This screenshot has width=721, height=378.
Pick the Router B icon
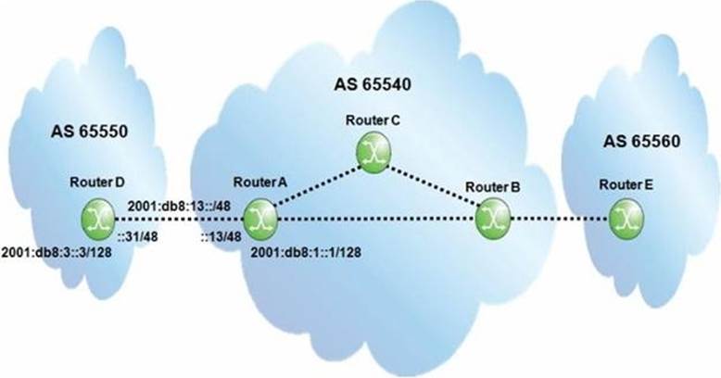coord(487,220)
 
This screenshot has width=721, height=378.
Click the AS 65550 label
coord(89,132)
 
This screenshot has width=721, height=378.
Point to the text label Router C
coord(373,120)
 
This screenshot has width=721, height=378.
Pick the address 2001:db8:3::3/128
coord(57,252)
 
